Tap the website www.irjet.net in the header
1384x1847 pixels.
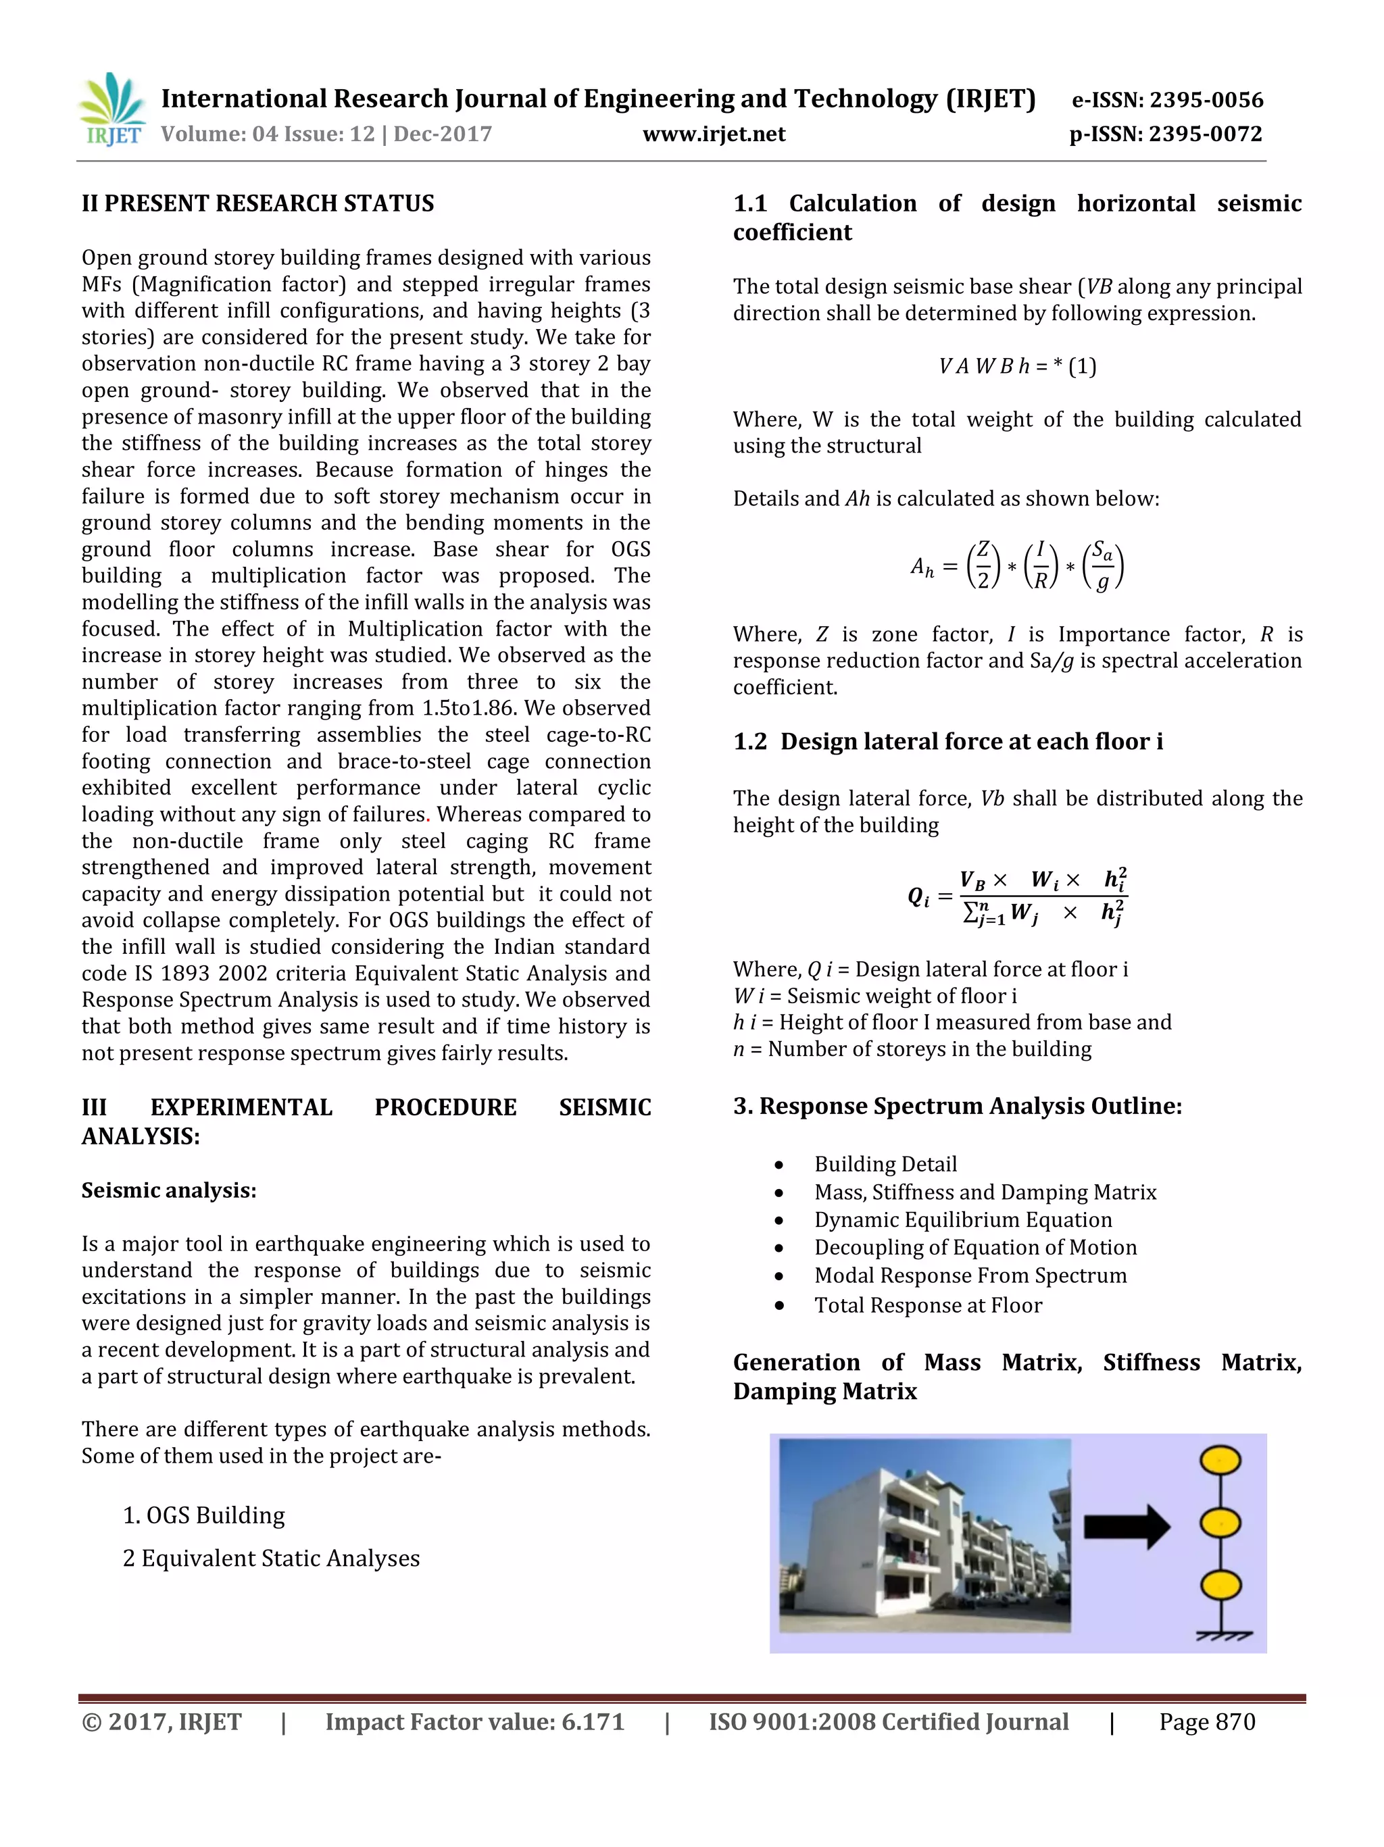714,134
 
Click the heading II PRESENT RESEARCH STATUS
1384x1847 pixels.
257,204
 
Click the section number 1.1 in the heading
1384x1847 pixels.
749,204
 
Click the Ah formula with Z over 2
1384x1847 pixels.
1016,566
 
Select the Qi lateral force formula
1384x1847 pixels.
1016,896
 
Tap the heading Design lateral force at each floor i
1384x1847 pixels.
971,742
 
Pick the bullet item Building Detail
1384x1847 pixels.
885,1164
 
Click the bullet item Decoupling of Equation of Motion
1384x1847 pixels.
974,1248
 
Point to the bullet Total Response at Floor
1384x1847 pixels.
928,1305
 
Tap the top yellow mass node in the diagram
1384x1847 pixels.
1220,1461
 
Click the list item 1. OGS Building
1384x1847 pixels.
204,1515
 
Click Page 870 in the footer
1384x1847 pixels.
1206,1722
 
